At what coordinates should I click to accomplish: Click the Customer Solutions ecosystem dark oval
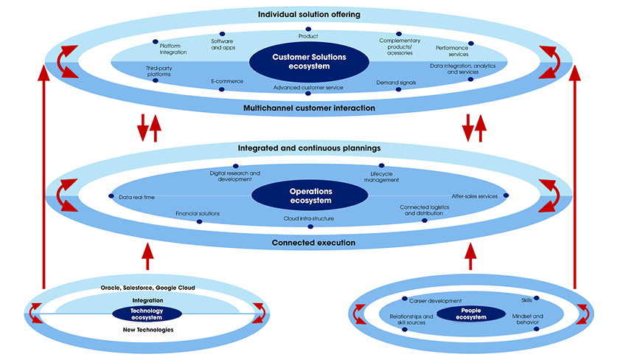[x=309, y=62]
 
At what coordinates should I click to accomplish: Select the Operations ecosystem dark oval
[x=310, y=195]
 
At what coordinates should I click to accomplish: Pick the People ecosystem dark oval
[x=467, y=314]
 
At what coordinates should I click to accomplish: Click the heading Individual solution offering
[x=308, y=15]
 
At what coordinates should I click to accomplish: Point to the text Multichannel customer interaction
[x=309, y=108]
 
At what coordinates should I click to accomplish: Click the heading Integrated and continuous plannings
[x=309, y=148]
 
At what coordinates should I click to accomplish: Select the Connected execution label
[x=309, y=243]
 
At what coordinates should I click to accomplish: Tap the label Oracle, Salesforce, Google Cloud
[x=147, y=287]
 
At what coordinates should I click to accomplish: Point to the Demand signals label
[x=396, y=83]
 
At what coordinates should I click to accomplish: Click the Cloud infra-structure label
[x=309, y=218]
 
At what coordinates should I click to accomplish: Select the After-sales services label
[x=474, y=196]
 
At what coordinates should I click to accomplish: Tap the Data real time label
[x=136, y=197]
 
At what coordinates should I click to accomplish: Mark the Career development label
[x=435, y=301]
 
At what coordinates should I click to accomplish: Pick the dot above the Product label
[x=308, y=29]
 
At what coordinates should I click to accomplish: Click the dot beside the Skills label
[x=536, y=298]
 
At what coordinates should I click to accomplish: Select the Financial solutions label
[x=197, y=213]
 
